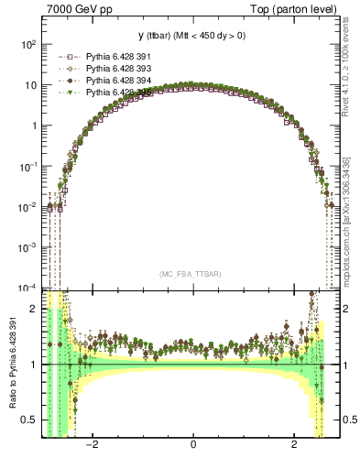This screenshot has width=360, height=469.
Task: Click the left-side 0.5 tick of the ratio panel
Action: click(x=27, y=420)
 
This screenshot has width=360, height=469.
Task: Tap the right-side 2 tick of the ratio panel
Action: click(x=348, y=309)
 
